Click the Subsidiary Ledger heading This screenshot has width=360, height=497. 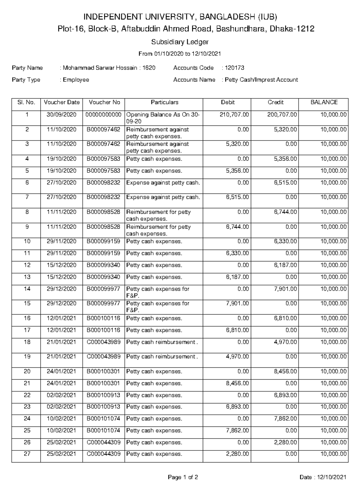click(x=180, y=42)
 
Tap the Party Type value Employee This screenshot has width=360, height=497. click(x=76, y=80)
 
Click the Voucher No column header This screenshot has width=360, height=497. click(x=104, y=102)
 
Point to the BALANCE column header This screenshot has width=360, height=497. click(x=324, y=102)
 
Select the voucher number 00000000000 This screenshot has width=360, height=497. click(x=103, y=115)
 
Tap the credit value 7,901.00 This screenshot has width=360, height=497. click(x=285, y=289)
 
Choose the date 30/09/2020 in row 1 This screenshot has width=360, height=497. click(x=61, y=115)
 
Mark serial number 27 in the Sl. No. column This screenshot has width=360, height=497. click(x=27, y=454)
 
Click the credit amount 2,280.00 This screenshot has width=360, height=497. click(x=285, y=443)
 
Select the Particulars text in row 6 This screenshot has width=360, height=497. click(x=163, y=183)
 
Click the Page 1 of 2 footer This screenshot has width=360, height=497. click(x=183, y=477)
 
